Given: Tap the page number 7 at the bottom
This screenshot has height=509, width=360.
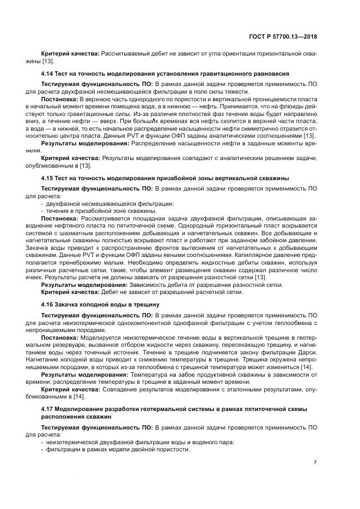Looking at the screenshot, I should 315,463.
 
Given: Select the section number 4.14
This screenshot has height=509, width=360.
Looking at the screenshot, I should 47,73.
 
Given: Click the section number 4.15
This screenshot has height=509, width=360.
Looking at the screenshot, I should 47,178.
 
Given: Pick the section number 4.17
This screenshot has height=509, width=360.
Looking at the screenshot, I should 47,408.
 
